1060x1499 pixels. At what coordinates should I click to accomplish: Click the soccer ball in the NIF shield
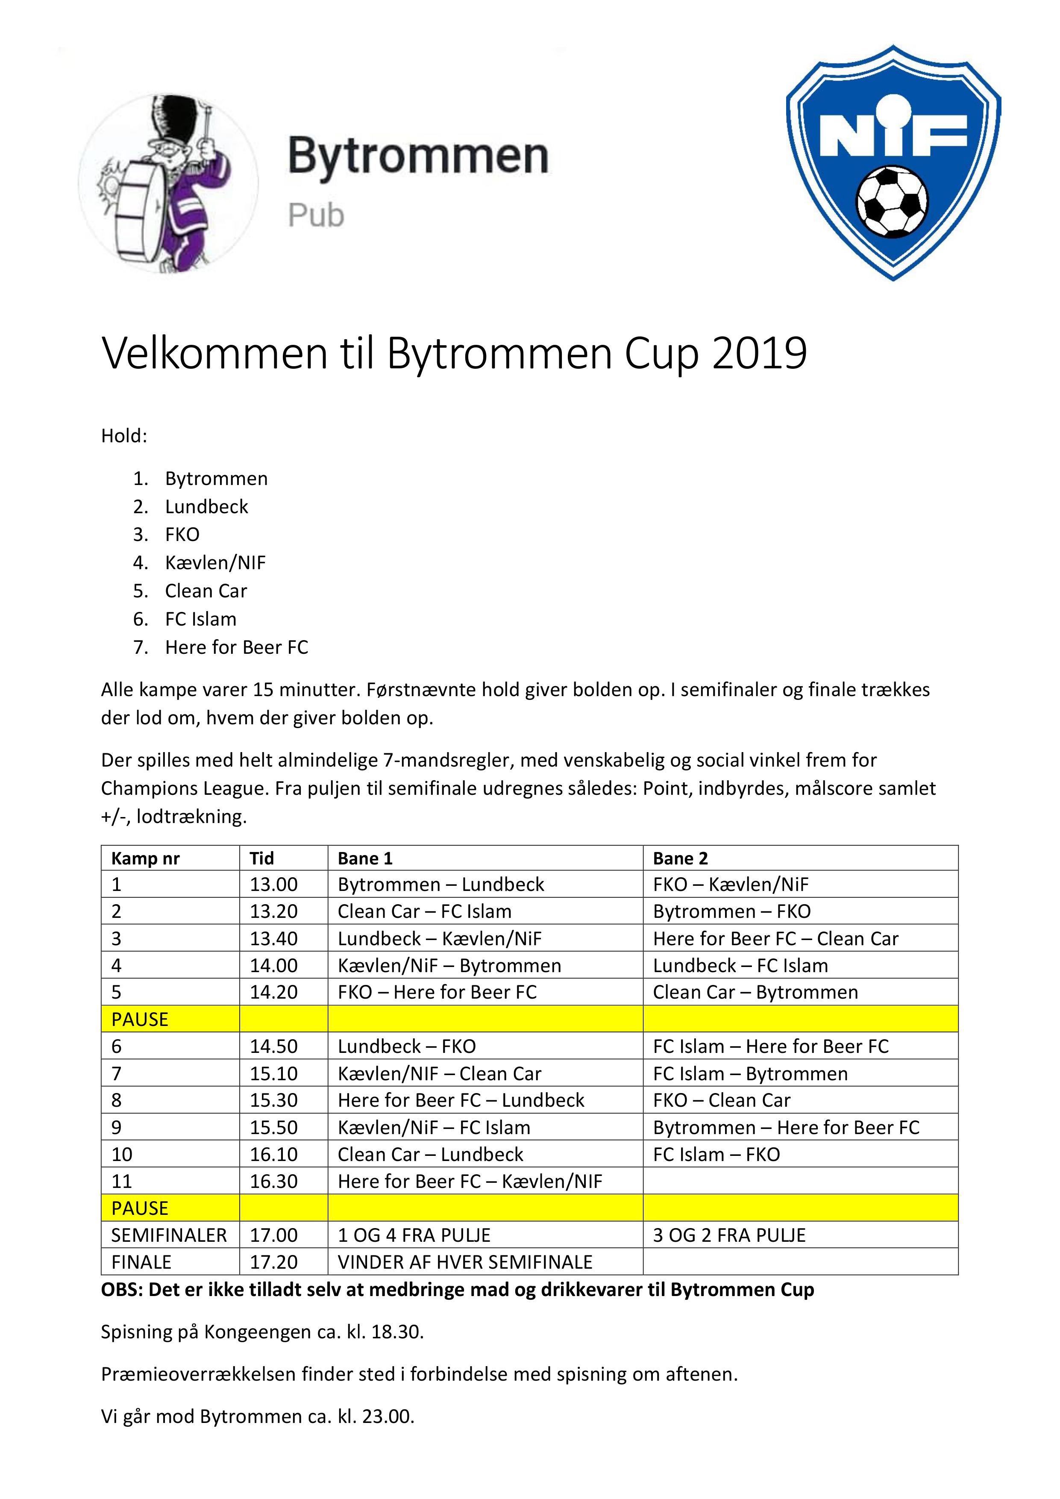[892, 204]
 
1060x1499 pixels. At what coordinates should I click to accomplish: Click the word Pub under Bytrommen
[316, 215]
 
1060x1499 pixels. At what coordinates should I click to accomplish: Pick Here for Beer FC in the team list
[236, 647]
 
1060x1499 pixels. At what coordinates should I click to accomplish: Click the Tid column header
[262, 858]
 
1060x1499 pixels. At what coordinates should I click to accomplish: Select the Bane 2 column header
[680, 858]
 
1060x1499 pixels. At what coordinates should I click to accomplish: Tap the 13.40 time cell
[273, 938]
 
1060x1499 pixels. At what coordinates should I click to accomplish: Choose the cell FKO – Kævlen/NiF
[731, 884]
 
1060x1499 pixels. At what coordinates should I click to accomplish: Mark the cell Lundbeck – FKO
[407, 1046]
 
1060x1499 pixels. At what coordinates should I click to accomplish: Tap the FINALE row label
[141, 1261]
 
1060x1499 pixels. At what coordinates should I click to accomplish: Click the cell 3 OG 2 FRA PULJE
[729, 1234]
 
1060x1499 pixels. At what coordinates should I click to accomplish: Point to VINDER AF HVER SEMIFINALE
[465, 1261]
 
